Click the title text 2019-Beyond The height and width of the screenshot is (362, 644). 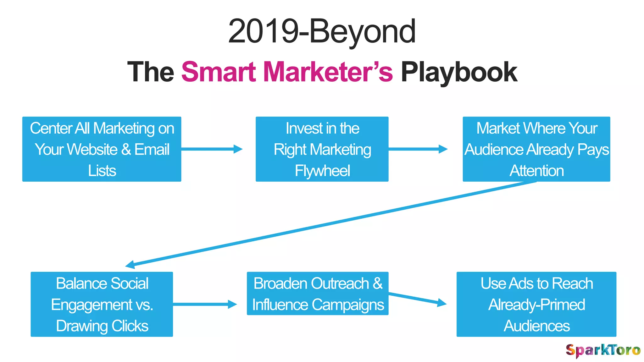click(322, 31)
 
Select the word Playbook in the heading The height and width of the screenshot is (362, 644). click(459, 73)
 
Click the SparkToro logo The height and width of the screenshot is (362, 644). click(602, 350)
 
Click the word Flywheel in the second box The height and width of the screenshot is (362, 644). click(322, 171)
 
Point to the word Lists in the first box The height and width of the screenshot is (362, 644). click(102, 171)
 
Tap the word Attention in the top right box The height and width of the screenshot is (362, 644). click(536, 171)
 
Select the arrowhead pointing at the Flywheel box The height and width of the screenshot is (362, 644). click(238, 149)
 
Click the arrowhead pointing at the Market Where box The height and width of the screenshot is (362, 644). click(443, 149)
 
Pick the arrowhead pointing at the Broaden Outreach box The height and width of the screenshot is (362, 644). click(232, 304)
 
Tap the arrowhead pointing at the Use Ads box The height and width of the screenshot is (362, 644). click(442, 303)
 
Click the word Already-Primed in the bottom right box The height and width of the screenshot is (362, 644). click(536, 305)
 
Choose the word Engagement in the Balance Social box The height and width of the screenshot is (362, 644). click(92, 305)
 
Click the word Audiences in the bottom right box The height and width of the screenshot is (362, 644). click(536, 326)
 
